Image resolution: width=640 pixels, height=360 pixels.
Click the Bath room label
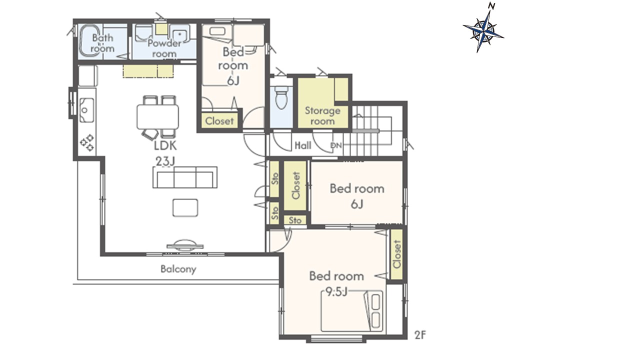pos(102,43)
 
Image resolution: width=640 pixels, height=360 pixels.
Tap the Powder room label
pos(164,48)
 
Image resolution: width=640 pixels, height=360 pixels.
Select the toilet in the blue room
pos(281,97)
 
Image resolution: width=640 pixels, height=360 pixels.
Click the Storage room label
pos(322,115)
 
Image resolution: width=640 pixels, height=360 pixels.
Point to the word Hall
pos(303,145)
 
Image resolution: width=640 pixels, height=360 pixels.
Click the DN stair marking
pos(336,145)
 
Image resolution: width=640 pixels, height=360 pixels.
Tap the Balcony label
pos(178,269)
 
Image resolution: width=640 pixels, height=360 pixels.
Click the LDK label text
pos(165,145)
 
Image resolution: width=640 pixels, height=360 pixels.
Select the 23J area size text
pos(165,161)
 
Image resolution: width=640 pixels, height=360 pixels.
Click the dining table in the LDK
pos(157,117)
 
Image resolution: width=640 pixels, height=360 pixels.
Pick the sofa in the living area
pos(185,177)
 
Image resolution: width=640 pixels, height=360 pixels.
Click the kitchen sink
pos(86,110)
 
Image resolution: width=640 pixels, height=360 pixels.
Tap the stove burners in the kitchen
pos(87,142)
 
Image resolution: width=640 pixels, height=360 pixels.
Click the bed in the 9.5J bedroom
pos(352,311)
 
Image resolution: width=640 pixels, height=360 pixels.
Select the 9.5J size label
pos(336,291)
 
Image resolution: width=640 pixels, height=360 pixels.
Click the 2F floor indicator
pos(420,335)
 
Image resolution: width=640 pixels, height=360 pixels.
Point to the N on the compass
pos(491,5)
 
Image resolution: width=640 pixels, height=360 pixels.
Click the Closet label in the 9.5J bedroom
pos(397,254)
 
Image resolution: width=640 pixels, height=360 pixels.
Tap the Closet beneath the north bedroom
pos(219,121)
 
